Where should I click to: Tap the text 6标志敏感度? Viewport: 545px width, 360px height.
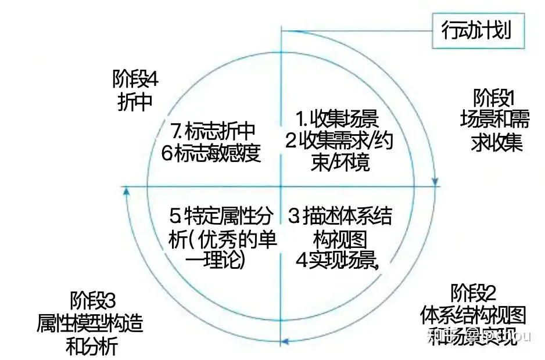(x=210, y=152)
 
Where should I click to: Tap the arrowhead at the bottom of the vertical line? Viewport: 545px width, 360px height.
(x=282, y=342)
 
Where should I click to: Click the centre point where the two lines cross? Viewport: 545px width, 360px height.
(x=282, y=186)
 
